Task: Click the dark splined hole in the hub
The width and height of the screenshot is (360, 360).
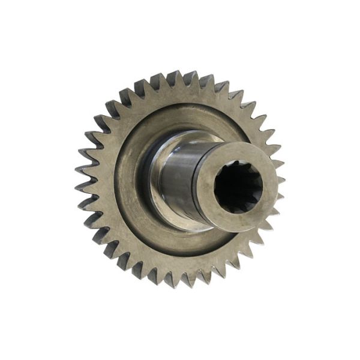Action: (x=239, y=187)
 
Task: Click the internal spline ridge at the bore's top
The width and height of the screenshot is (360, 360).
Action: (x=239, y=166)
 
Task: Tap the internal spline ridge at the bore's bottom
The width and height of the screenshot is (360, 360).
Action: (x=239, y=210)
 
